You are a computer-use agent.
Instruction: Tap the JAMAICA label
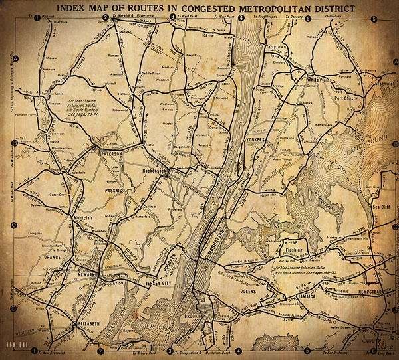click(x=311, y=293)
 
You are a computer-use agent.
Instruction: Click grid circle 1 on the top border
click(x=35, y=18)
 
